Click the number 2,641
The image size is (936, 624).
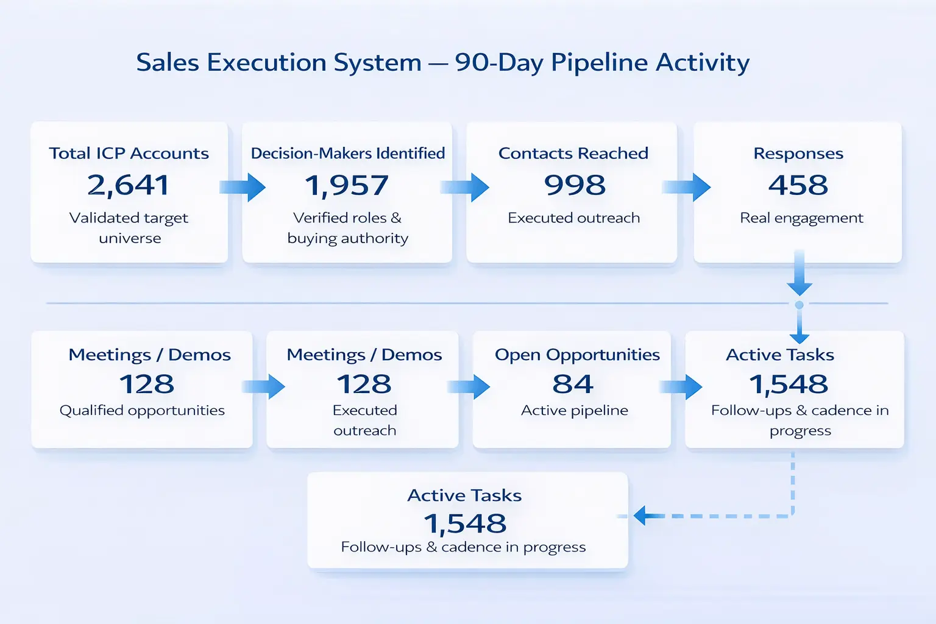point(128,185)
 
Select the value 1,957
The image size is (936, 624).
point(347,185)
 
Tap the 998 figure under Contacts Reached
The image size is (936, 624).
point(575,185)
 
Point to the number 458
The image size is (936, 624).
point(798,185)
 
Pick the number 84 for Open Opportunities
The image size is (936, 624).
point(573,384)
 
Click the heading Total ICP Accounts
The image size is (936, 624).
point(129,154)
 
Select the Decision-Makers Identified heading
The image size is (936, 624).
point(348,154)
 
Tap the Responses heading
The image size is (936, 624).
point(798,154)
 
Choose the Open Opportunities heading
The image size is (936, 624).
point(577,355)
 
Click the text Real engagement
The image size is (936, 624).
point(801,218)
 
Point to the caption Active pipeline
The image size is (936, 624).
point(575,411)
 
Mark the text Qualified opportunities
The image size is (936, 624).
point(142,411)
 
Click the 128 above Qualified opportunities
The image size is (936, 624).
point(147,384)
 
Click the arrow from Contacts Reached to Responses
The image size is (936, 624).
point(687,187)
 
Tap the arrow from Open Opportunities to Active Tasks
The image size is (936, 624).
point(681,387)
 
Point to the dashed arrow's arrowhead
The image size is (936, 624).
point(640,516)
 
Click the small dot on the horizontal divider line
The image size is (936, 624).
point(799,305)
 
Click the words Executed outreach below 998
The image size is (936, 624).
point(574,218)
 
